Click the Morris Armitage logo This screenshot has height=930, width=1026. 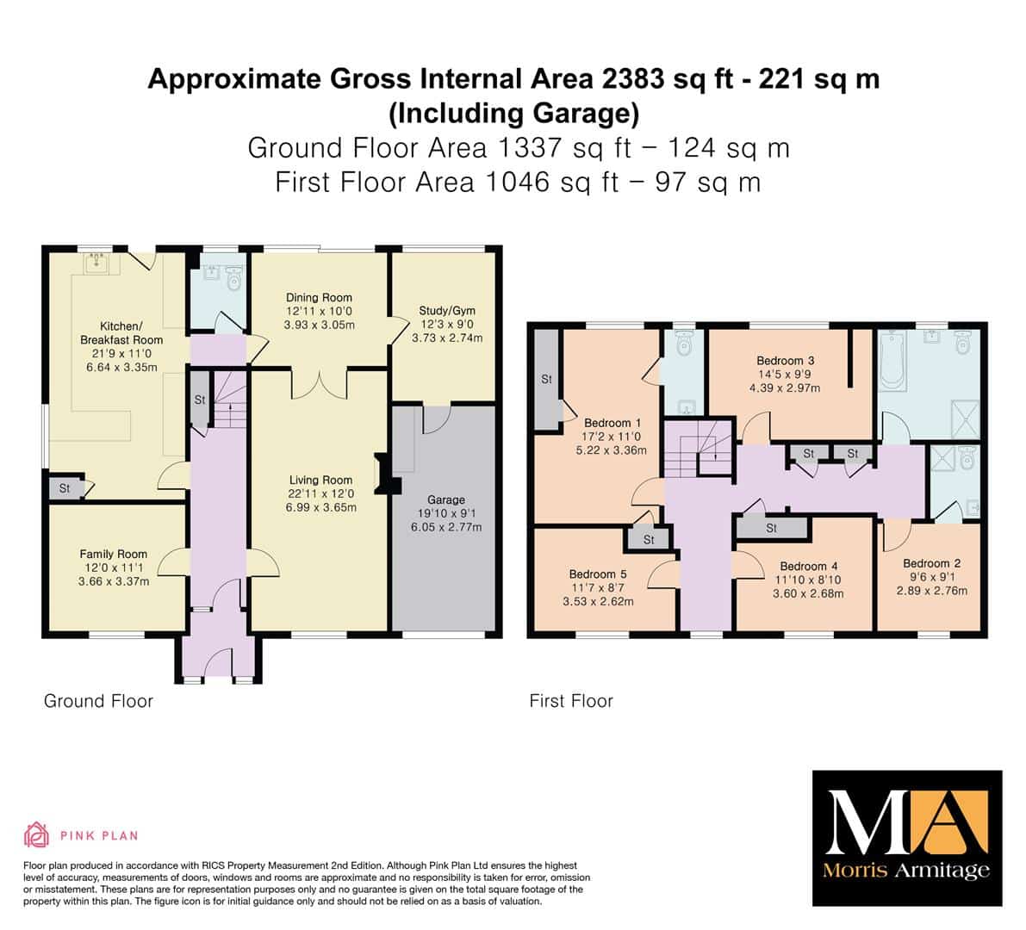pos(907,839)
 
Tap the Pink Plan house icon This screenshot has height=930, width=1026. pos(37,834)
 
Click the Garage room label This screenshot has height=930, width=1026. pos(446,499)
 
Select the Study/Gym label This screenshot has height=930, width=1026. pos(447,311)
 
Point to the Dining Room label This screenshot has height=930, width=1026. pos(319,298)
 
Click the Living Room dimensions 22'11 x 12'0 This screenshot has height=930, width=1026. pos(320,493)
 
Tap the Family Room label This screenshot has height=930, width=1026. pos(113,554)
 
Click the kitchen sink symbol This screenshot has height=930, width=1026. pos(99,263)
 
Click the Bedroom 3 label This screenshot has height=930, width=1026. pos(785,360)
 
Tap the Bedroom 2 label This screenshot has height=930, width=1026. pos(932,563)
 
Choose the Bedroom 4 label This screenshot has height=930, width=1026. pos(809,567)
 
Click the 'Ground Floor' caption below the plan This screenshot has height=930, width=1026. pos(98,701)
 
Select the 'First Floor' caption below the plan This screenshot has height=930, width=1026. pos(571,701)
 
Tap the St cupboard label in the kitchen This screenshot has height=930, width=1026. pos(64,488)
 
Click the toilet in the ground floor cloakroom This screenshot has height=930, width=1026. pos(233,279)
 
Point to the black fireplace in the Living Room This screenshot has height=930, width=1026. pos(387,473)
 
